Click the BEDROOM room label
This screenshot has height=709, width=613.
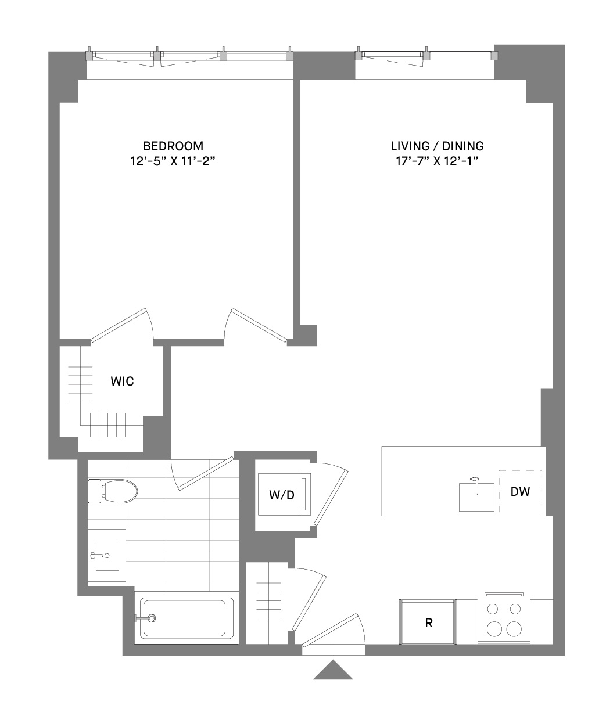(x=173, y=146)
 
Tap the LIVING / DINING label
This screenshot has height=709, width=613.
(x=437, y=146)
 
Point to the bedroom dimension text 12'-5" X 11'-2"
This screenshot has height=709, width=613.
(x=173, y=161)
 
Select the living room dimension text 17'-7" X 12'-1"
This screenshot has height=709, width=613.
(x=437, y=161)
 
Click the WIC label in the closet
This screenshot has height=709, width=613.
(x=122, y=381)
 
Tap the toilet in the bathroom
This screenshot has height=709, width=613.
(x=113, y=491)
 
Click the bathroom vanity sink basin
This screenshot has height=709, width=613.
(x=107, y=556)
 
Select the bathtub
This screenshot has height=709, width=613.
(x=187, y=618)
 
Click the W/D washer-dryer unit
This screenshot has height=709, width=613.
(x=284, y=495)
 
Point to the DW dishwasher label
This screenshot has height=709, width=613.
(x=521, y=491)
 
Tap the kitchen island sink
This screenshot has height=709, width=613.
(x=476, y=497)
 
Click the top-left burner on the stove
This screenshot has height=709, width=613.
(x=493, y=609)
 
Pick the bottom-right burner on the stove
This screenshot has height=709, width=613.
(x=514, y=629)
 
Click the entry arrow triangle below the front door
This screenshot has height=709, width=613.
(x=333, y=670)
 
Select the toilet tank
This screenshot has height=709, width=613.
(x=94, y=491)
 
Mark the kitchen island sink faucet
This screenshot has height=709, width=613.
(x=476, y=485)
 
